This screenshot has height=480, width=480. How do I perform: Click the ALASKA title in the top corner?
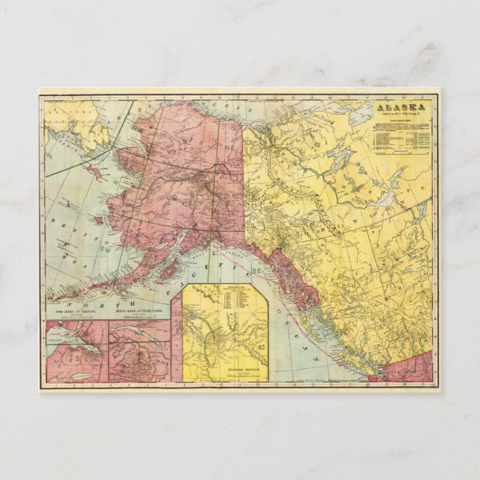pyautogui.click(x=402, y=107)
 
